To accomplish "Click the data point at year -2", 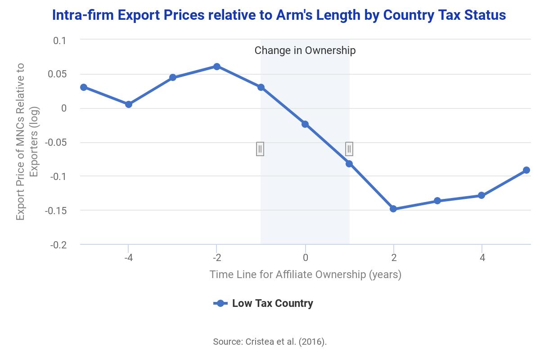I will coord(216,67).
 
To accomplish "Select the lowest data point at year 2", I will coord(393,209).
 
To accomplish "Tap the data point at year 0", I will coord(305,124).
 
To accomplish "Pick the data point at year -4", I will coord(129,104).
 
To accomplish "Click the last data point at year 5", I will coord(526,170).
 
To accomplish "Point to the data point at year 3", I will coord(437,201).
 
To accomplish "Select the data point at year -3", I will coord(173,77).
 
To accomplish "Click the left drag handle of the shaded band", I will coord(260,149).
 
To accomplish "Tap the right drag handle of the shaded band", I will coord(349,149).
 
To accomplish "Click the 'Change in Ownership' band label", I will coord(305,50).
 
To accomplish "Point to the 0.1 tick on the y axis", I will coord(59,40).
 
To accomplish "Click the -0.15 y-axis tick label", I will coord(56,211).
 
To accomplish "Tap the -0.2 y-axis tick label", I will coord(58,245).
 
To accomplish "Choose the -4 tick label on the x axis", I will coord(128,258).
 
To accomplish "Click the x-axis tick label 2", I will coord(394,258).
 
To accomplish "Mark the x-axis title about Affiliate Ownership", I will coord(305,274).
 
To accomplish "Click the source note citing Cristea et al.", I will coord(270,342).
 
